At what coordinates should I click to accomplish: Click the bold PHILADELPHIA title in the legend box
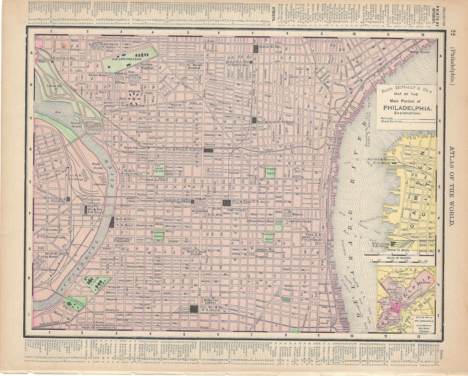(x=408, y=108)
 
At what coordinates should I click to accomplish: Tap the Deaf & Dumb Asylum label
(x=198, y=253)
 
